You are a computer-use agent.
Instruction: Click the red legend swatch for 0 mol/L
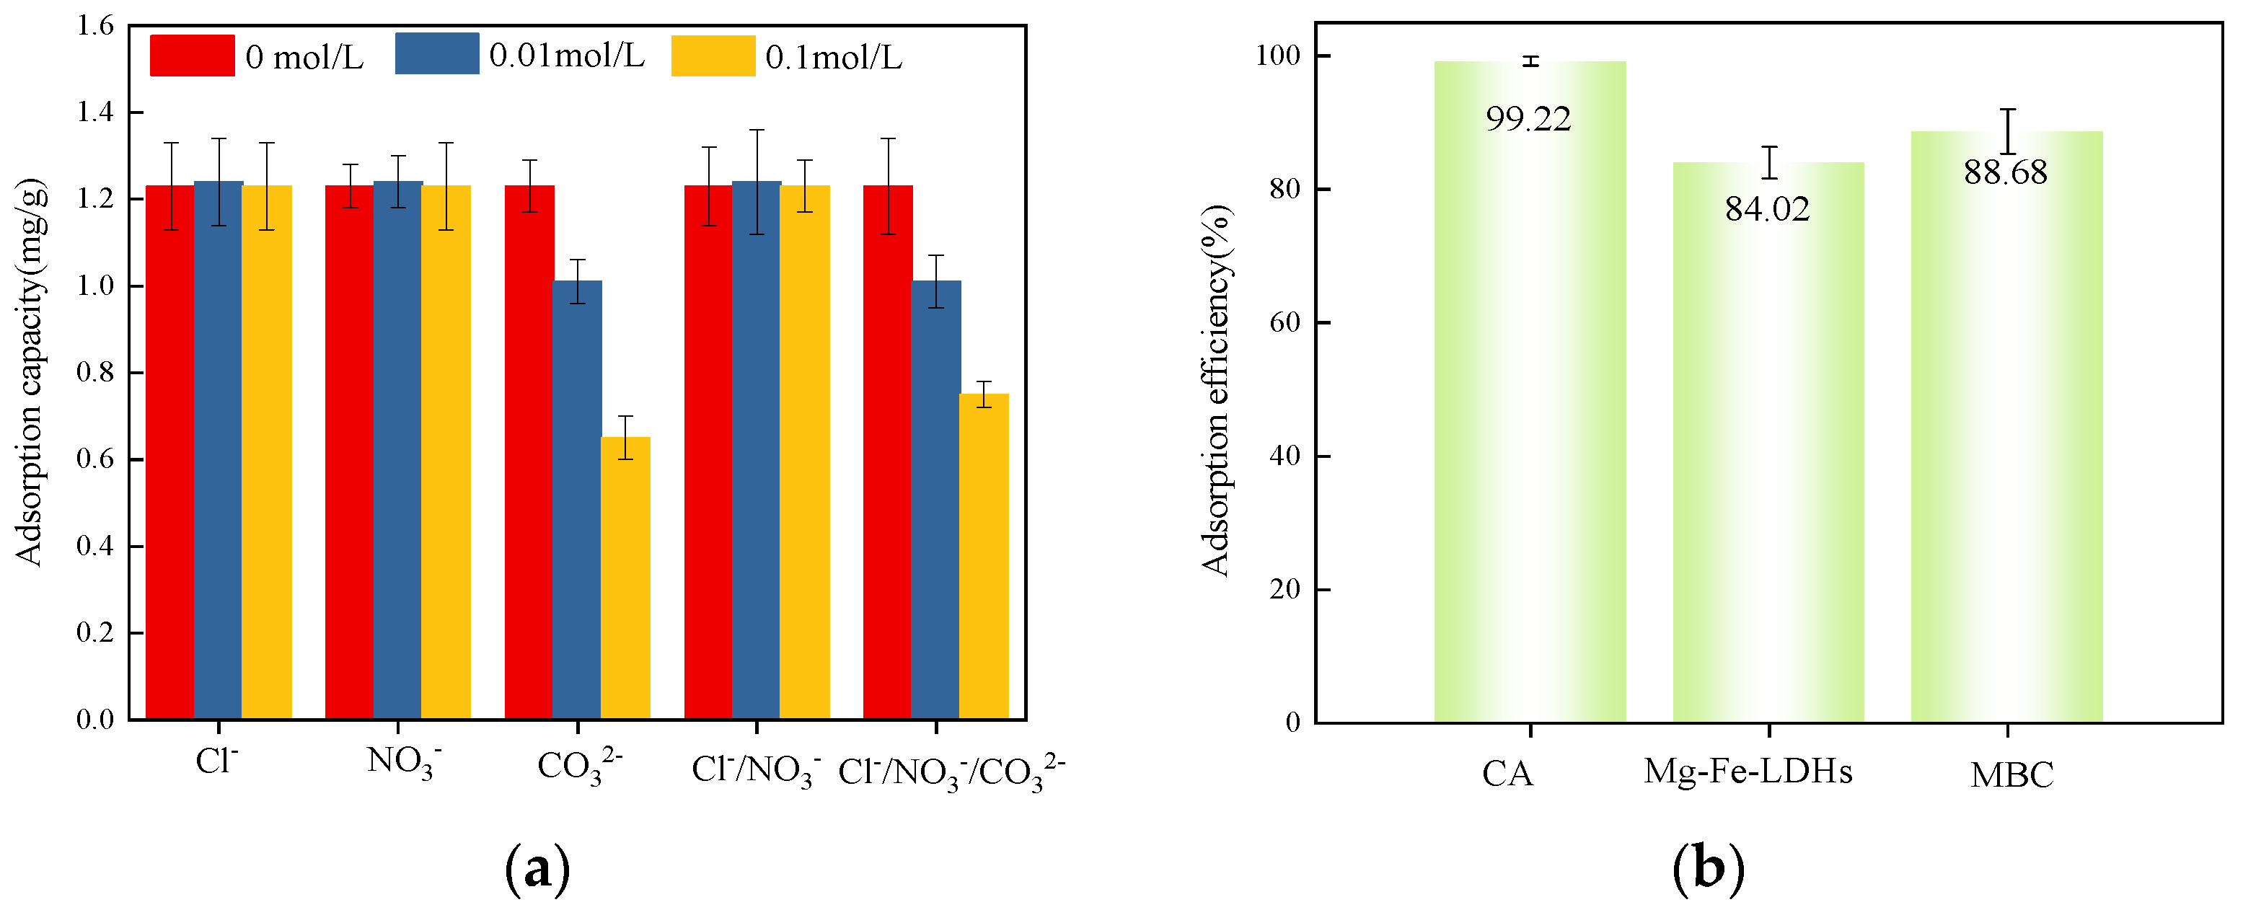point(193,56)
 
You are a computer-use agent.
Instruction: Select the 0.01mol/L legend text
point(567,56)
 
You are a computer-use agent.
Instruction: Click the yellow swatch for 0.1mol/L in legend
point(713,56)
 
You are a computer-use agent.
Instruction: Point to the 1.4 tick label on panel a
point(95,112)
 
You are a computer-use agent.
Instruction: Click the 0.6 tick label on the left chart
point(95,459)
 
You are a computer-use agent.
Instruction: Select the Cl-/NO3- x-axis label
point(756,771)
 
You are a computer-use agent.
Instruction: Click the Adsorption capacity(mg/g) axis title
point(30,373)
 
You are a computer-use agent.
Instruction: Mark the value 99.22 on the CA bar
point(1528,119)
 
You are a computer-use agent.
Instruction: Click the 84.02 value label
point(1768,209)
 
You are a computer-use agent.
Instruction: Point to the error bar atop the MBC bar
point(2008,131)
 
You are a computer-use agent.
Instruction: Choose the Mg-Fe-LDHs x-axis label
point(1748,772)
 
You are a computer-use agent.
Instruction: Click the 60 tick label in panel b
point(1285,322)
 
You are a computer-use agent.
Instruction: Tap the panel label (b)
point(1709,868)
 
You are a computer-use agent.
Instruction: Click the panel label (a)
point(537,868)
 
